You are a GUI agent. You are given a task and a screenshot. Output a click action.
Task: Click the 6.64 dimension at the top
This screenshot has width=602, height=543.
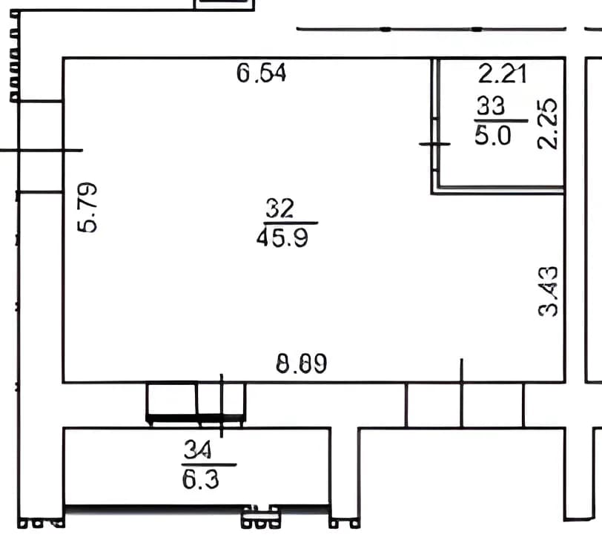pyautogui.click(x=261, y=73)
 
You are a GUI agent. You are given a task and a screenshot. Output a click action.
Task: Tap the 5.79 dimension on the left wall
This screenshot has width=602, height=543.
pyautogui.click(x=87, y=208)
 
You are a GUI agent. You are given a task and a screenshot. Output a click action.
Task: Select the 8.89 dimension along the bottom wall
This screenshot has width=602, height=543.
pyautogui.click(x=302, y=363)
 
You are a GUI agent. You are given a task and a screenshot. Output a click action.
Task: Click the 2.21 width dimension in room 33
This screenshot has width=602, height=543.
pyautogui.click(x=502, y=73)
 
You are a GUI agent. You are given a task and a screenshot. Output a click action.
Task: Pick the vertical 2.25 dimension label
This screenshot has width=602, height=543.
pyautogui.click(x=547, y=124)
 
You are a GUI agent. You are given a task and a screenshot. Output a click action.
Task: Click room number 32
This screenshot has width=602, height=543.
pyautogui.click(x=280, y=208)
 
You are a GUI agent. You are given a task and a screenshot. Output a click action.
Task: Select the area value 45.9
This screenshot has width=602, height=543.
pyautogui.click(x=282, y=237)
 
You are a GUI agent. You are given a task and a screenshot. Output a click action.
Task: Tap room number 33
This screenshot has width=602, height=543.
pyautogui.click(x=491, y=105)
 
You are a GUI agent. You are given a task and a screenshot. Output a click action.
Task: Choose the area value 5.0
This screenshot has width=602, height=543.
pyautogui.click(x=493, y=135)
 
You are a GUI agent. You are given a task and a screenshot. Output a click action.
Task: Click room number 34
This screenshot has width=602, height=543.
pyautogui.click(x=197, y=450)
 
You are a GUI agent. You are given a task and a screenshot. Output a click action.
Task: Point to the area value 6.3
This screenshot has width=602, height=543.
pyautogui.click(x=200, y=479)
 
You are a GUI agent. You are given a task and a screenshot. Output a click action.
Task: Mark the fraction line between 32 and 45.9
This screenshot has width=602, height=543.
pyautogui.click(x=291, y=223)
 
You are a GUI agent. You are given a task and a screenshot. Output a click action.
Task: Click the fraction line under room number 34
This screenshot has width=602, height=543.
pyautogui.click(x=208, y=464)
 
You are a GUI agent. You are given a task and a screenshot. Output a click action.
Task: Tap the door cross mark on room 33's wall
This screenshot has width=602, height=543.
pyautogui.click(x=434, y=144)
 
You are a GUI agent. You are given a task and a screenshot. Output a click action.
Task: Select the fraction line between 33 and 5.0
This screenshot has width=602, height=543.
pyautogui.click(x=500, y=121)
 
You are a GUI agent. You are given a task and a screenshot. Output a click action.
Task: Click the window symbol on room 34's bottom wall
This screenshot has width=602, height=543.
pyautogui.click(x=260, y=517)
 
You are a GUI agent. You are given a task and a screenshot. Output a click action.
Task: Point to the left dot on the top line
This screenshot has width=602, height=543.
pyautogui.click(x=385, y=29)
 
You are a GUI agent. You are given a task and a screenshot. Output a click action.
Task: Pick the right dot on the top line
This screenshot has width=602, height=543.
pyautogui.click(x=477, y=29)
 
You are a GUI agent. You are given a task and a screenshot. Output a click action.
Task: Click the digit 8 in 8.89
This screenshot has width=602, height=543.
pyautogui.click(x=282, y=363)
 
